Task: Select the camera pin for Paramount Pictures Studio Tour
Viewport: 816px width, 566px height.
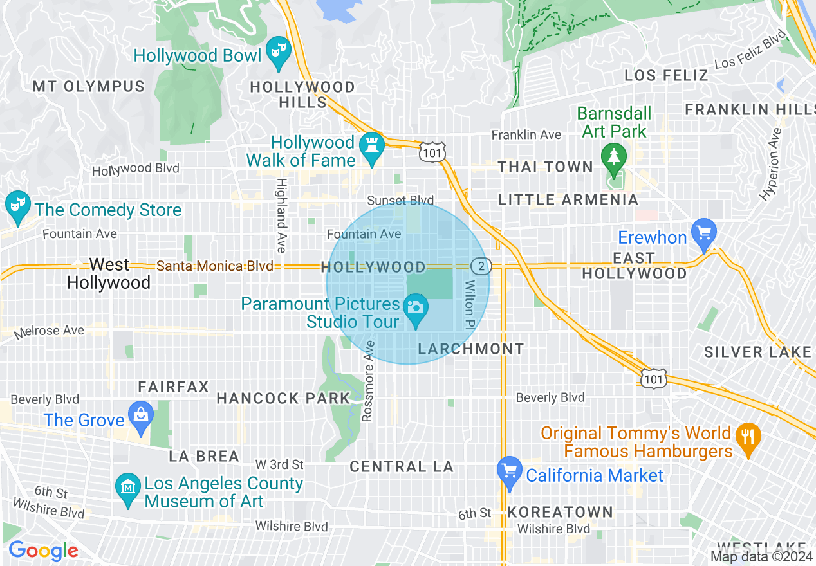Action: click(416, 307)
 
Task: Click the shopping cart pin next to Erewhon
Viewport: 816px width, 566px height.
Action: click(703, 232)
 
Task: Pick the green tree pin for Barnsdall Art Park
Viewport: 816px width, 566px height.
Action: click(613, 158)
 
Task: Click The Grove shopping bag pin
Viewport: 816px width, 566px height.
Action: click(140, 415)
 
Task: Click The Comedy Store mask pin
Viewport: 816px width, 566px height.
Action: click(17, 206)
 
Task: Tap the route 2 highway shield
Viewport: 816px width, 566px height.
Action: click(481, 266)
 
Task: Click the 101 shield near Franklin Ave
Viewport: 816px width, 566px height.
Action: click(429, 152)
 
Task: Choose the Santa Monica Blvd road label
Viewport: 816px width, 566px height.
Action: click(215, 266)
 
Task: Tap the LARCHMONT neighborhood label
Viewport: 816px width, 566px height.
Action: click(471, 349)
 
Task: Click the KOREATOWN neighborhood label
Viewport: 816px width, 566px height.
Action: click(561, 512)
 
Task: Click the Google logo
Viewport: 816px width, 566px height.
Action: click(43, 551)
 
